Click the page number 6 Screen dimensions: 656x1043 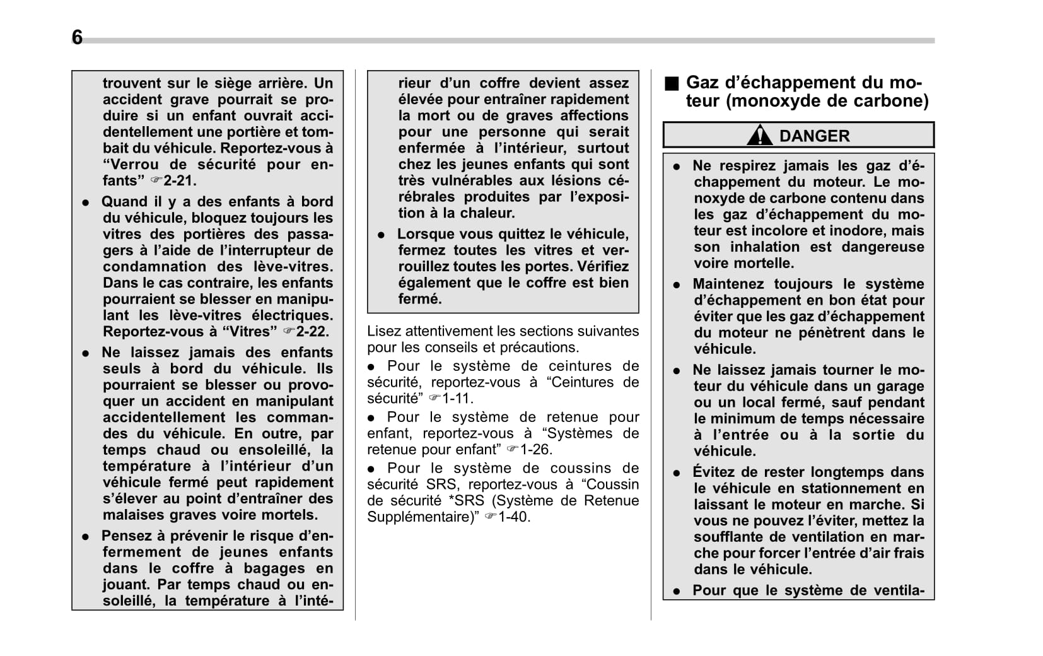click(x=77, y=37)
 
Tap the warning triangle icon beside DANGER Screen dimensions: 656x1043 click(x=760, y=136)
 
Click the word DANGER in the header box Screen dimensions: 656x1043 click(x=814, y=136)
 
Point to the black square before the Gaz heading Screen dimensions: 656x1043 click(x=672, y=83)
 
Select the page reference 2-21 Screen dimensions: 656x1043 click(x=179, y=181)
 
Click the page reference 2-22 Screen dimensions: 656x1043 click(x=312, y=332)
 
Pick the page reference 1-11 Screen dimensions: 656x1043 click(x=457, y=399)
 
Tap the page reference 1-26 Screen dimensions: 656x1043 click(x=535, y=450)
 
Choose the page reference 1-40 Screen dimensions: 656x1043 click(x=513, y=517)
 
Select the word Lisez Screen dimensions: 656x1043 click(x=384, y=331)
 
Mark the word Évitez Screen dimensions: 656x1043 click(x=715, y=472)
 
